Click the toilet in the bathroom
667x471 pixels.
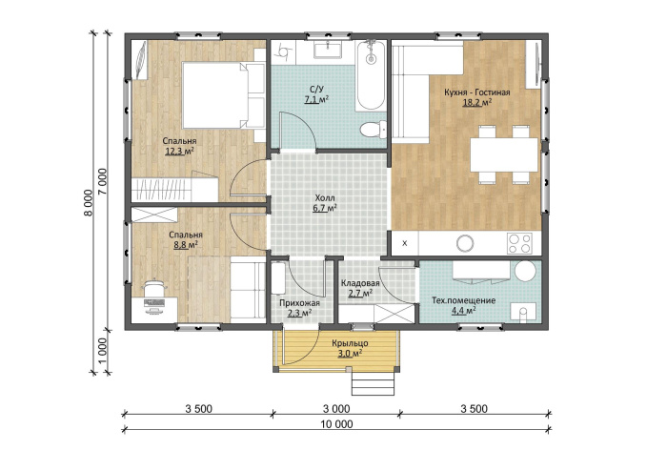click(374, 129)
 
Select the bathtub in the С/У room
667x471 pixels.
click(371, 75)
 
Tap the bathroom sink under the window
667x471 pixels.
click(328, 50)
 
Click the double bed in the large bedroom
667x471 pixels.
click(223, 95)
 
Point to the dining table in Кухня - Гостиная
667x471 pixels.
click(504, 154)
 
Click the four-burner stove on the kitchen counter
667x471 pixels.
click(519, 243)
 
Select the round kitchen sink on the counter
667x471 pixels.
click(465, 243)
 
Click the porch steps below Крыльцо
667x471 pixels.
click(373, 384)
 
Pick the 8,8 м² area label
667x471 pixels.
click(186, 245)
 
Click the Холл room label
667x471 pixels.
click(325, 198)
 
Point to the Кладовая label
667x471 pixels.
click(360, 283)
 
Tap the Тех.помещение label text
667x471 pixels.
click(464, 300)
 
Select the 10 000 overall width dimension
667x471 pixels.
click(337, 424)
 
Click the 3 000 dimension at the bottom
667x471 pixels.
click(336, 409)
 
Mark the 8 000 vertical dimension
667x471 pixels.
click(89, 202)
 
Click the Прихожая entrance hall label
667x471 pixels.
click(299, 303)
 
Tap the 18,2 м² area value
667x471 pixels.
click(476, 102)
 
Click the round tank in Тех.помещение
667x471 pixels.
click(525, 271)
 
